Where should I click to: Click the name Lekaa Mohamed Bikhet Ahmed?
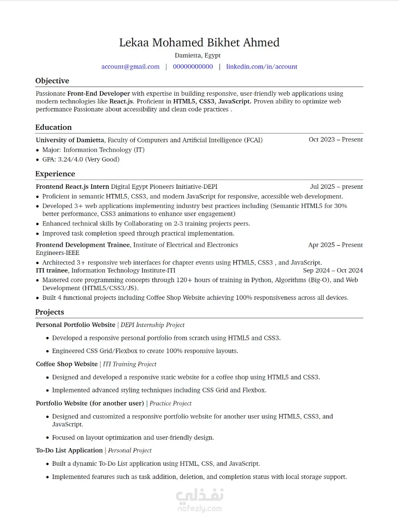click(199, 42)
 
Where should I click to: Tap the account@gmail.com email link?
click(130, 67)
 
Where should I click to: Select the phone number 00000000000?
click(193, 67)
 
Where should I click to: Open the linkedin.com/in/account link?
click(262, 67)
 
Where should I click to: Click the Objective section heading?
click(52, 81)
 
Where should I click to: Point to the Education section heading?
click(53, 127)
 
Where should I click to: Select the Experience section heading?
click(55, 174)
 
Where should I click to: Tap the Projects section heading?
click(49, 312)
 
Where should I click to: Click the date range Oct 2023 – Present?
click(335, 139)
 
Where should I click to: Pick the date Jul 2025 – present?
click(336, 187)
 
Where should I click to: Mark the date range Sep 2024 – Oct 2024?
click(333, 271)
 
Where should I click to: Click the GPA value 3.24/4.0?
click(70, 160)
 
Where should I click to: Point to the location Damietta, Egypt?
click(198, 55)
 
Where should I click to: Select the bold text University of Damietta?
click(70, 140)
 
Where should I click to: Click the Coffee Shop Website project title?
click(66, 364)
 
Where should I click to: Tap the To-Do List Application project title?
click(69, 450)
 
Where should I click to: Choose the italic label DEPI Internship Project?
click(152, 325)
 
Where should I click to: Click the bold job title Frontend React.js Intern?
click(72, 187)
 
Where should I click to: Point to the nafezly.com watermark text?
click(199, 509)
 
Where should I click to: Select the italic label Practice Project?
click(170, 403)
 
